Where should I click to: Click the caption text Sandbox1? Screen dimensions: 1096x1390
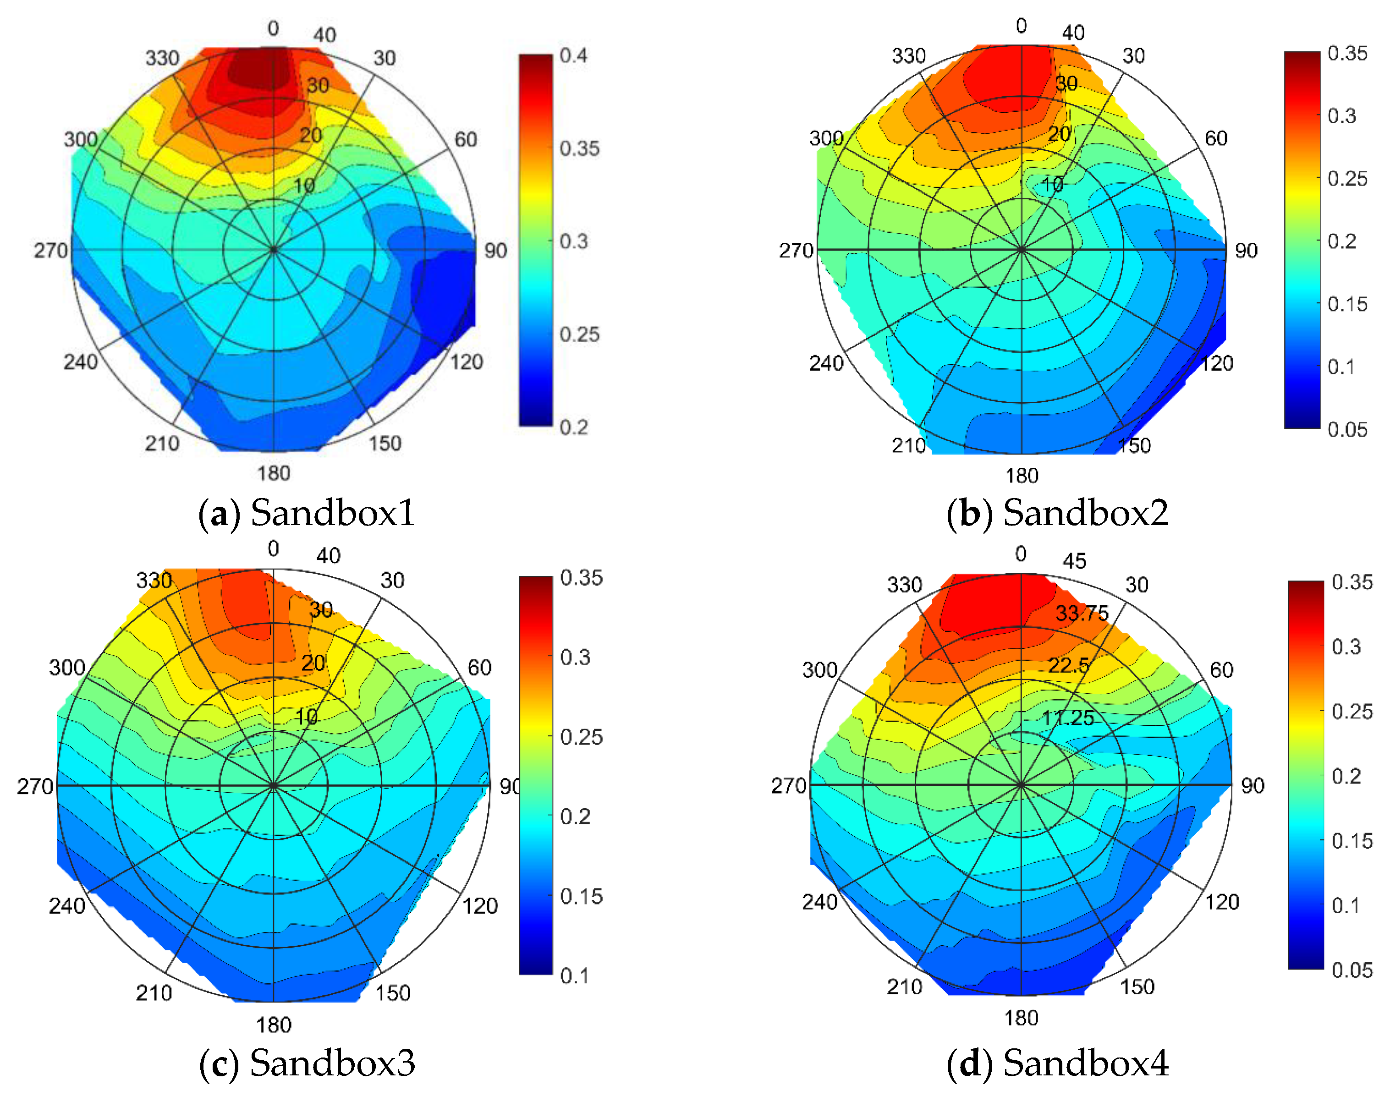click(332, 513)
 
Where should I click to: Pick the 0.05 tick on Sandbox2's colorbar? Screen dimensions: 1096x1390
click(1347, 429)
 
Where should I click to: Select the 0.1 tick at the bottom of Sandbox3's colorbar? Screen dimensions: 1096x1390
click(574, 976)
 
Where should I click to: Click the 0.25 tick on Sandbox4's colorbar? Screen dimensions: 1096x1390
click(1352, 712)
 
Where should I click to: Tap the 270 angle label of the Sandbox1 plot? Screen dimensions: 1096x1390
click(51, 250)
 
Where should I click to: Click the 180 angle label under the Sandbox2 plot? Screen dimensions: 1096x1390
click(1022, 476)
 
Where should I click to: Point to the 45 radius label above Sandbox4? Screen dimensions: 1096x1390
click(1074, 561)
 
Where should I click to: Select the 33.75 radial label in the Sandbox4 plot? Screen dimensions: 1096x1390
click(1082, 614)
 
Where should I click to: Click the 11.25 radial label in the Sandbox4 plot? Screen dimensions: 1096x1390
click(1068, 718)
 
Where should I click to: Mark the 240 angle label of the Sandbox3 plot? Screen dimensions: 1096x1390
click(67, 906)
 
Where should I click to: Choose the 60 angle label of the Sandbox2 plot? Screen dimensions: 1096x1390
click(1215, 139)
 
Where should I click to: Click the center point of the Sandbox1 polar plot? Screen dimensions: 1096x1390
click(274, 250)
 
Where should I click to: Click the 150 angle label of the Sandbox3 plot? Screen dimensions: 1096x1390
click(392, 993)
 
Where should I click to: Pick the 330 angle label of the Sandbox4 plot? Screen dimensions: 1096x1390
click(904, 585)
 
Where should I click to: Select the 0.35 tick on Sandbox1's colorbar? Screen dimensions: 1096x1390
click(579, 149)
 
